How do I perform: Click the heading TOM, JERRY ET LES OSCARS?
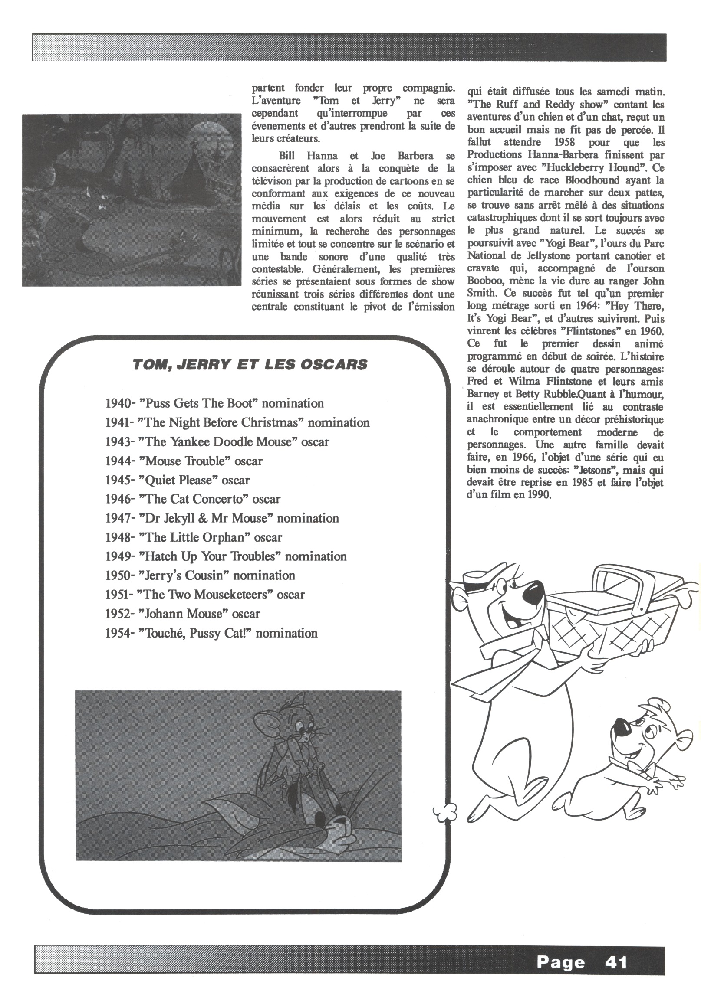pyautogui.click(x=250, y=364)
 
